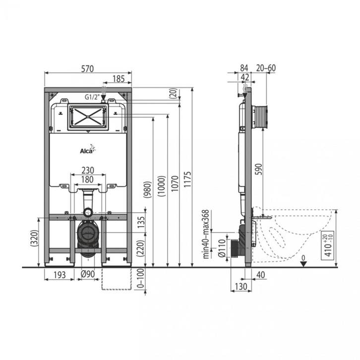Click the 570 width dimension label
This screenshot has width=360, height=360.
[87, 68]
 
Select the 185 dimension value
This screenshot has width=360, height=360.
[119, 79]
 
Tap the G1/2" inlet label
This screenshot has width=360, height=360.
[91, 97]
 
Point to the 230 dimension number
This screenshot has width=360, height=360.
[88, 171]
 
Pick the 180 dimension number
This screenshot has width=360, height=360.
[87, 180]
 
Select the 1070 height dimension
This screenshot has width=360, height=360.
[175, 183]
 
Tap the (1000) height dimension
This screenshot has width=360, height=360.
[161, 186]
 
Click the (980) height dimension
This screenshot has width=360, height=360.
[147, 189]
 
